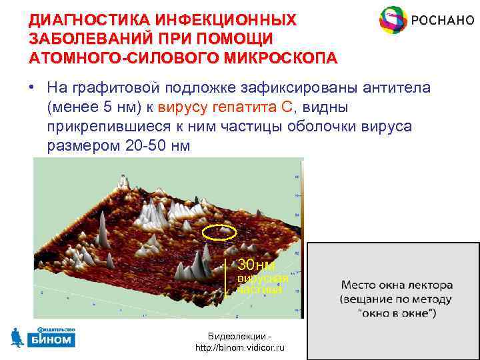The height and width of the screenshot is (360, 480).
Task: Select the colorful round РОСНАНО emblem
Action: pos(392,21)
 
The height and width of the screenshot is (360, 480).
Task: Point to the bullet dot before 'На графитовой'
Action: pos(31,89)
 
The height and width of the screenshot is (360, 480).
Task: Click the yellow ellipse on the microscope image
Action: pos(219,232)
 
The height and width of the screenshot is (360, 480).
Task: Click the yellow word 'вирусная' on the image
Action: pos(263,278)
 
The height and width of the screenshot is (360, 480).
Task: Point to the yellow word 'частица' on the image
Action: pos(259,289)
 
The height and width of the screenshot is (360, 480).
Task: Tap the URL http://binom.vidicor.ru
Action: pos(239,348)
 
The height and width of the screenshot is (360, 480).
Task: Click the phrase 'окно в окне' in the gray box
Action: pos(398,313)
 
